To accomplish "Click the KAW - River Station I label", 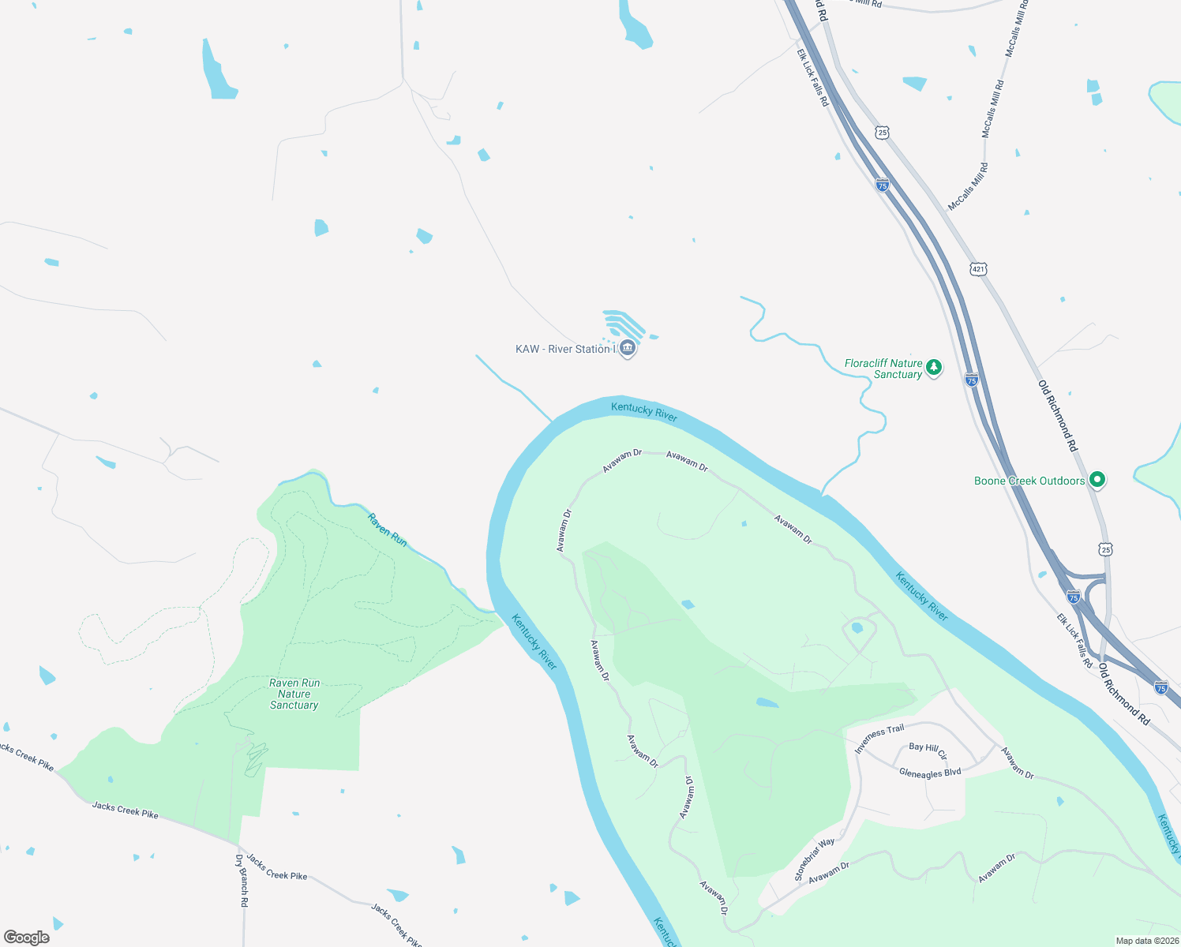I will click(x=564, y=349).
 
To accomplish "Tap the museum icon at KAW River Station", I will click(x=628, y=348).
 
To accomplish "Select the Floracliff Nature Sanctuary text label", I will click(x=883, y=369).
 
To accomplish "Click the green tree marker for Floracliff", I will click(x=934, y=367).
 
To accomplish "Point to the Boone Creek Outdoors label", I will click(x=1029, y=481).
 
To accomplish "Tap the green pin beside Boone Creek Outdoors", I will click(x=1097, y=479).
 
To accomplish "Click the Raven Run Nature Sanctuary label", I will click(x=294, y=694).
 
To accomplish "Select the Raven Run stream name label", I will click(x=388, y=530).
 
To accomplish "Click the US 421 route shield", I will click(x=979, y=269).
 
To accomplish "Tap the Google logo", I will click(x=27, y=938).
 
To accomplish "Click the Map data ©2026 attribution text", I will click(x=1146, y=941).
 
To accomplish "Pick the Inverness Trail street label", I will click(x=879, y=739).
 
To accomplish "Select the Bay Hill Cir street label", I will click(x=928, y=750).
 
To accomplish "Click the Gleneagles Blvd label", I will click(x=930, y=773).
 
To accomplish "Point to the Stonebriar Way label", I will click(x=815, y=860).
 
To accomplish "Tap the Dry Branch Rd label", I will click(x=242, y=880).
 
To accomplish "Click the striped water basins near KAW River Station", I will click(x=624, y=324).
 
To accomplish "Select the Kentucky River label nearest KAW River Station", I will click(x=644, y=411).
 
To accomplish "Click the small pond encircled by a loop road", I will click(x=857, y=628).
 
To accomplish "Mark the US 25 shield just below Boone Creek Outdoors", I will click(x=1106, y=549).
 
